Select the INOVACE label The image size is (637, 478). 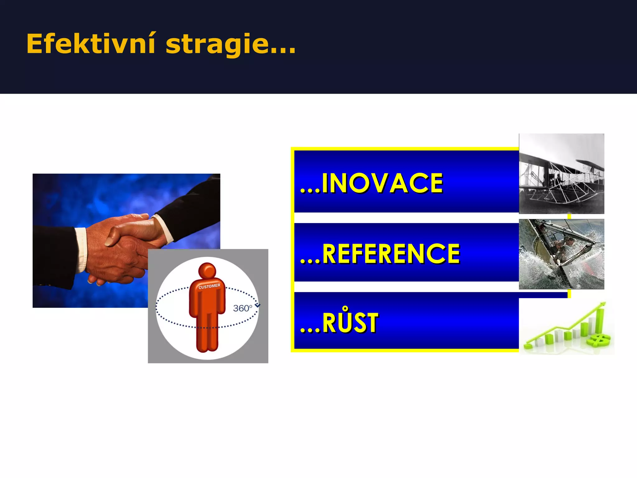point(371,184)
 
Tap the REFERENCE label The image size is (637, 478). point(380,254)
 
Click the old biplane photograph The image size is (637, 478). point(561,174)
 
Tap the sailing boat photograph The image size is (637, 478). point(561,254)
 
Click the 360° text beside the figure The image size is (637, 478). point(243,308)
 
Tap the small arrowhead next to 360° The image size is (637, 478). point(257,306)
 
